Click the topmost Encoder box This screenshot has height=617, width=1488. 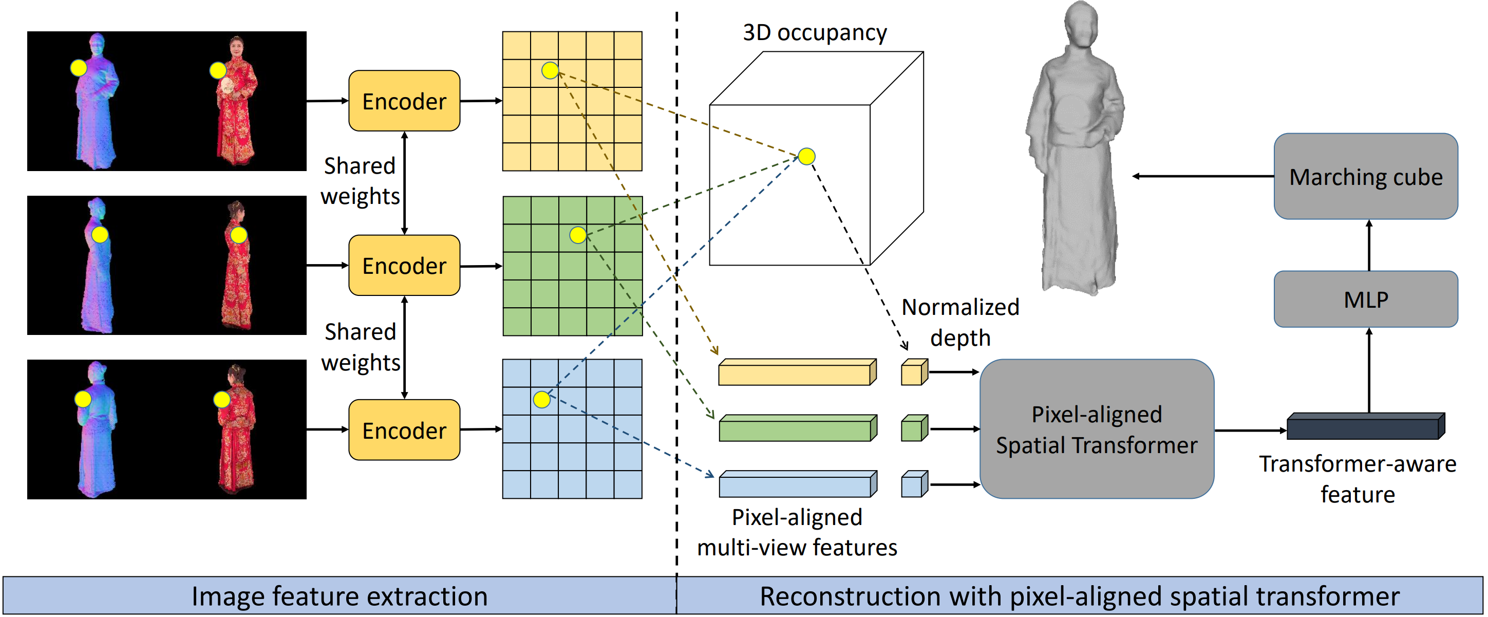[404, 101]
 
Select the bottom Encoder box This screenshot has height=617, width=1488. [404, 430]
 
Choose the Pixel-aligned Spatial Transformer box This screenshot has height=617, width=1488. [1097, 429]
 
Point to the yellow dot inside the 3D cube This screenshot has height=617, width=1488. [806, 156]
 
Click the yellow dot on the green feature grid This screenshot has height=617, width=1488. [578, 235]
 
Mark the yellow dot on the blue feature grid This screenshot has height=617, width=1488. [542, 399]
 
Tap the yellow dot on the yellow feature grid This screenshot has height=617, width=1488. [550, 70]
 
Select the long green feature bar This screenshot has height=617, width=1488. [797, 428]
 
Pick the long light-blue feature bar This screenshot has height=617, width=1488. [797, 484]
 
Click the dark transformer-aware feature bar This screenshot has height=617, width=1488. [1365, 426]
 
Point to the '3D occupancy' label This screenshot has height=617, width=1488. [815, 33]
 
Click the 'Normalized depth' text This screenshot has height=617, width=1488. [960, 322]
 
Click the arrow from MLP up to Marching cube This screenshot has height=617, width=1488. [1368, 245]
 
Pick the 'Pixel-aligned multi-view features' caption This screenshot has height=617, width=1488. [797, 532]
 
